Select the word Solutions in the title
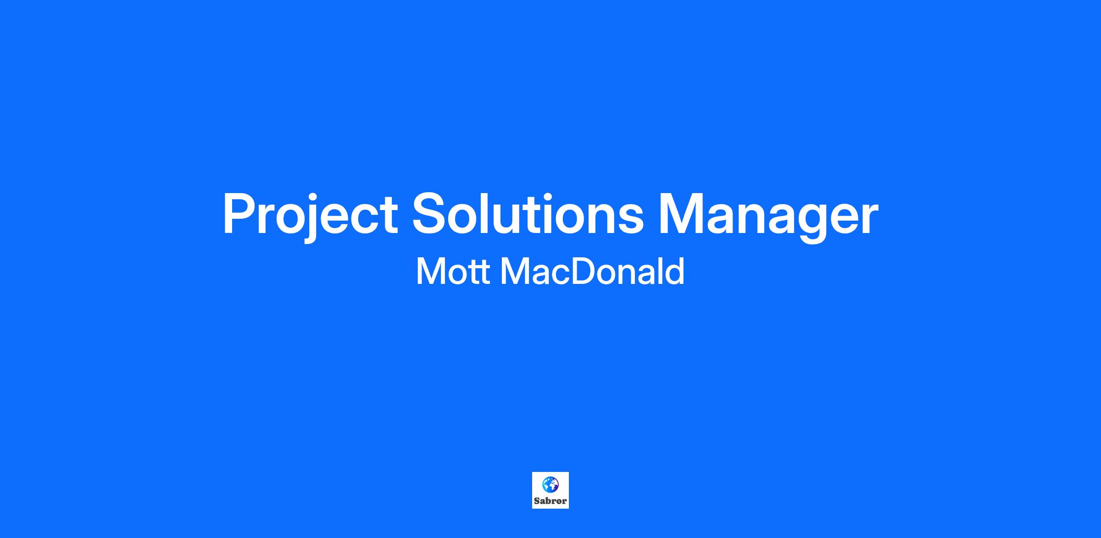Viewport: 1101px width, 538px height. (x=528, y=213)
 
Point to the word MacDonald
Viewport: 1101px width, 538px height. (x=592, y=271)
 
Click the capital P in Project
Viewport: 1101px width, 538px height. (x=240, y=213)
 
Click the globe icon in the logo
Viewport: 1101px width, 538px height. (x=550, y=484)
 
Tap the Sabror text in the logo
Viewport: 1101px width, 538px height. (x=550, y=501)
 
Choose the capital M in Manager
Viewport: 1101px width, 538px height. (x=681, y=213)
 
